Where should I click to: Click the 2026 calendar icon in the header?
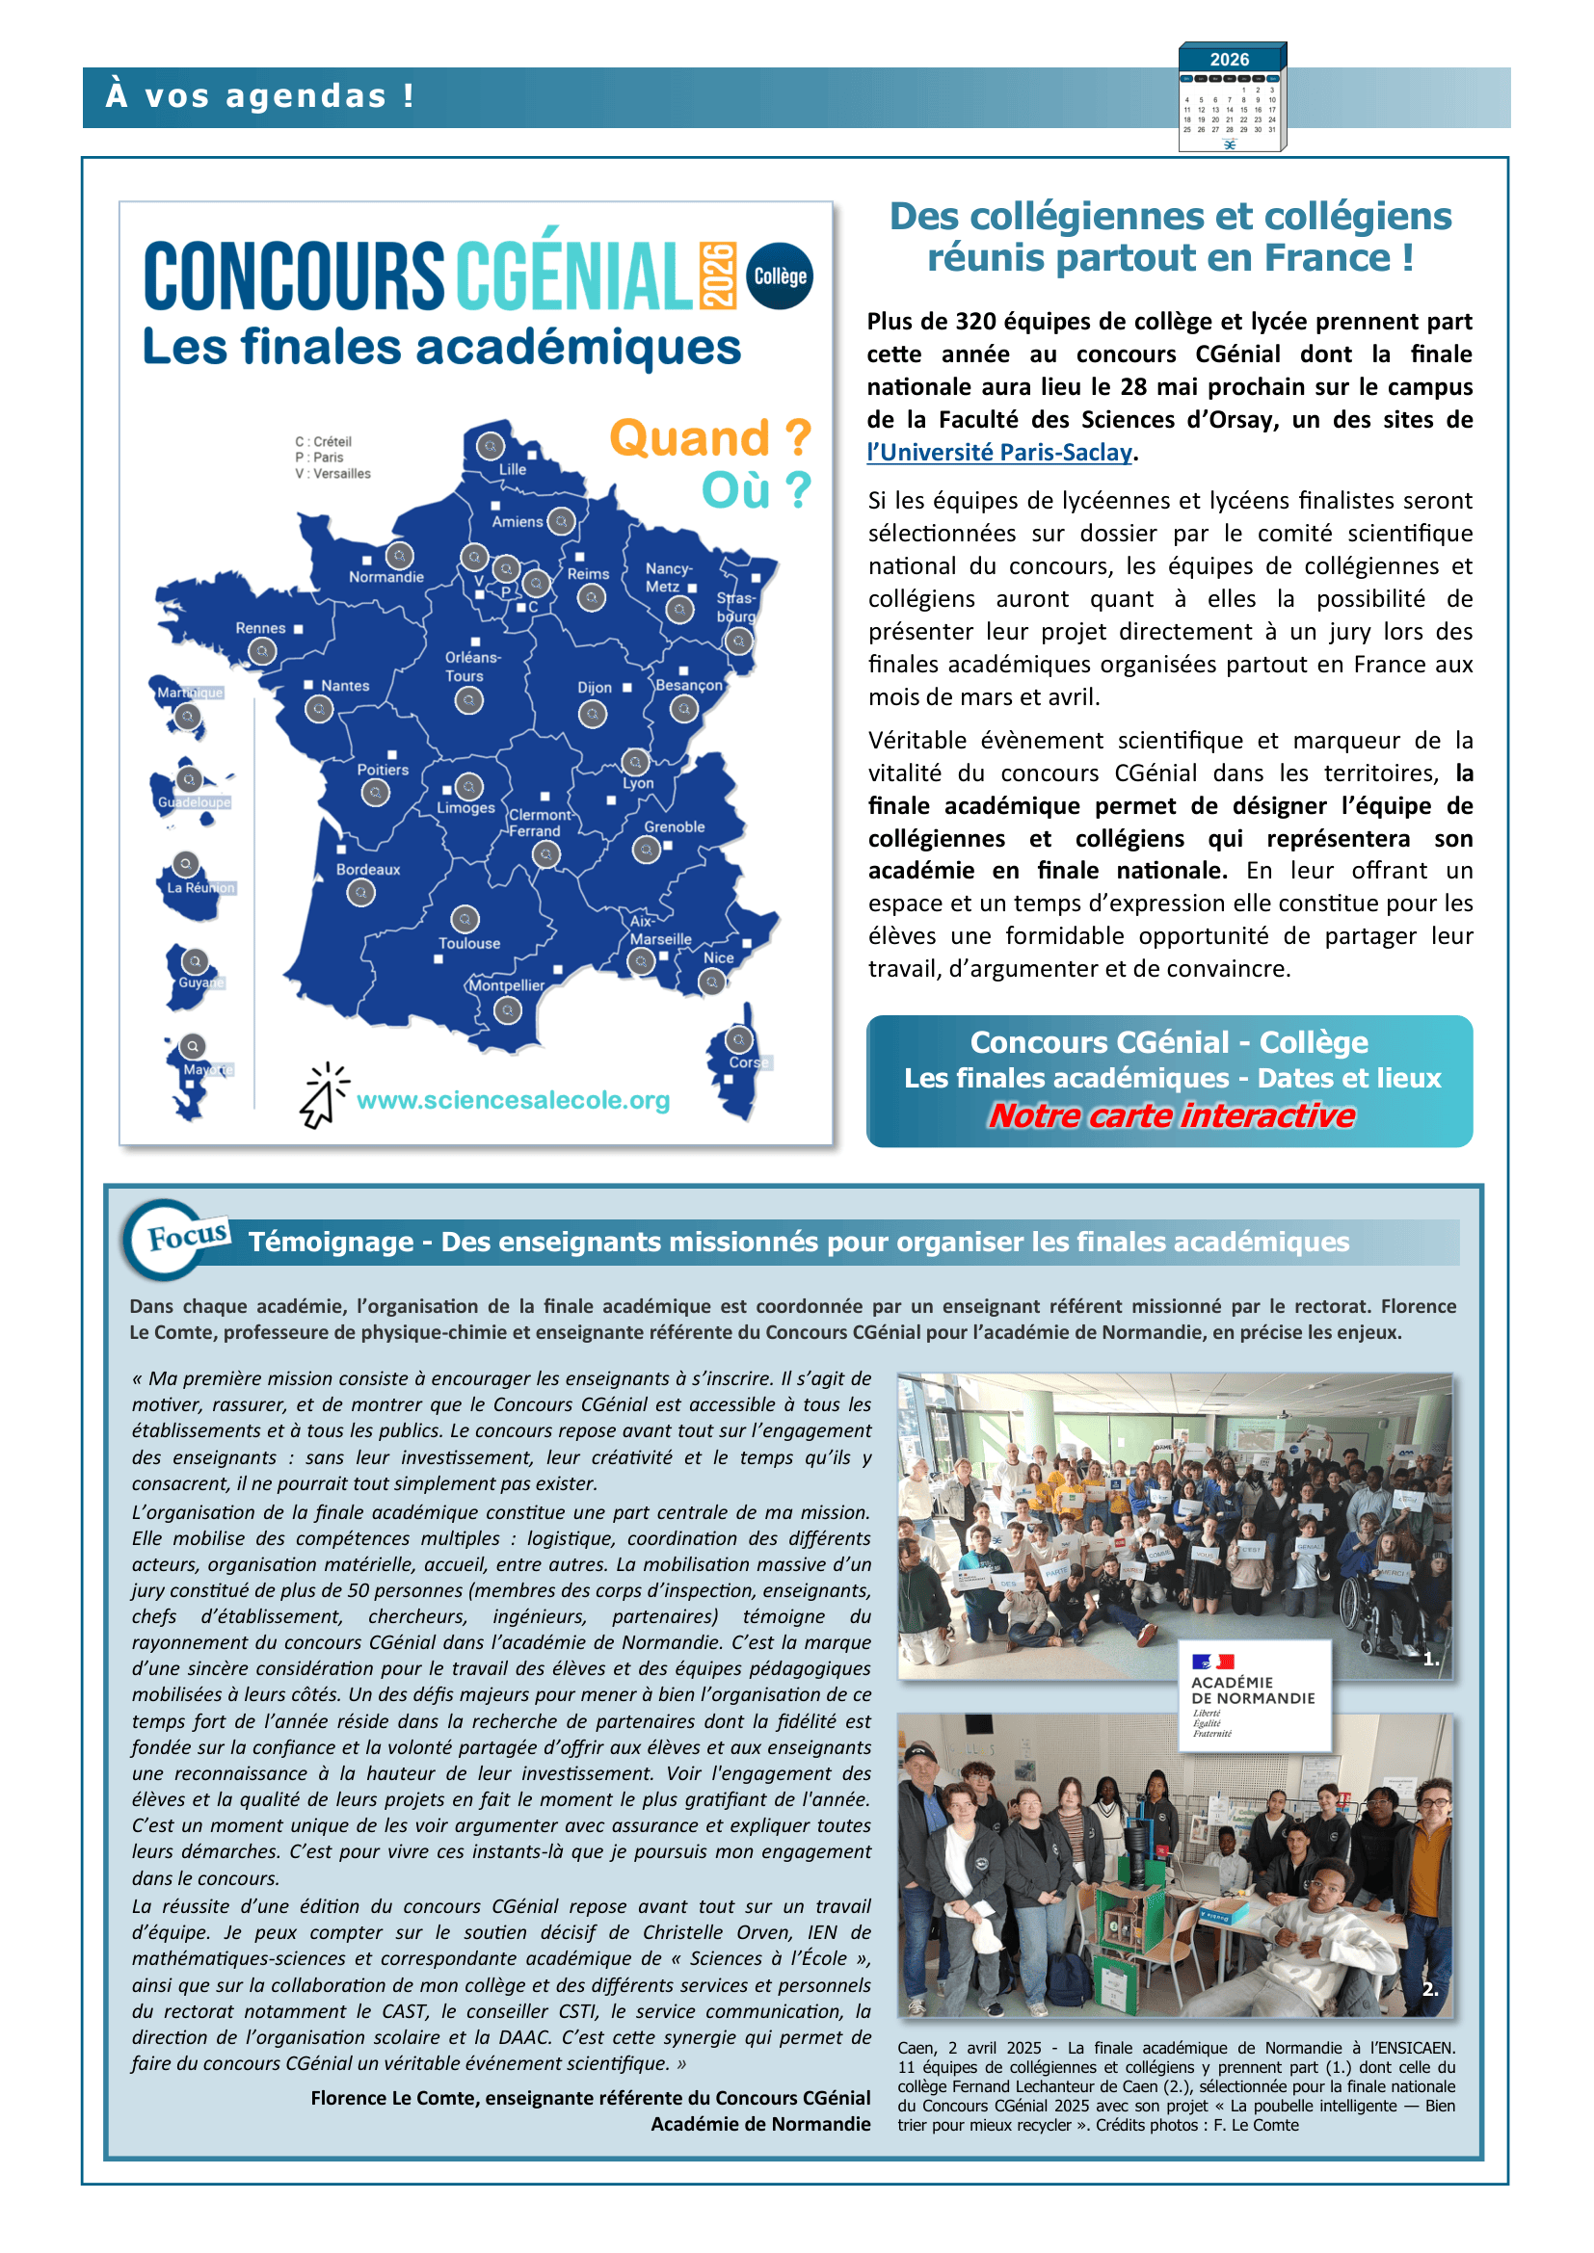point(1232,97)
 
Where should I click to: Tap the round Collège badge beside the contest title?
point(780,275)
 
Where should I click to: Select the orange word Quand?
point(691,437)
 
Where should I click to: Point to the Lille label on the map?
point(513,469)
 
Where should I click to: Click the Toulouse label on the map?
point(469,943)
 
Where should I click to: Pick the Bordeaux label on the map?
point(368,870)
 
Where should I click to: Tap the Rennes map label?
point(260,628)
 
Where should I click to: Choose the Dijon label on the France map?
point(594,688)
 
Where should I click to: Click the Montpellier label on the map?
point(507,985)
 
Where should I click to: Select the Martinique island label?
point(191,693)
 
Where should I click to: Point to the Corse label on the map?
point(748,1061)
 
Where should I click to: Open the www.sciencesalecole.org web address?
point(513,1100)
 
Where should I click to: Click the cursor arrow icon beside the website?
point(322,1097)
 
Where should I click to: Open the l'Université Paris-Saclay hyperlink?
point(999,453)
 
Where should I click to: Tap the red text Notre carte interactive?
point(1171,1115)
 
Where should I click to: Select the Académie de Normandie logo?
point(1255,1695)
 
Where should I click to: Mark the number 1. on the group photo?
point(1431,1659)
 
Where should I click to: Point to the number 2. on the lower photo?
point(1430,1989)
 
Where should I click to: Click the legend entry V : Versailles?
point(332,474)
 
